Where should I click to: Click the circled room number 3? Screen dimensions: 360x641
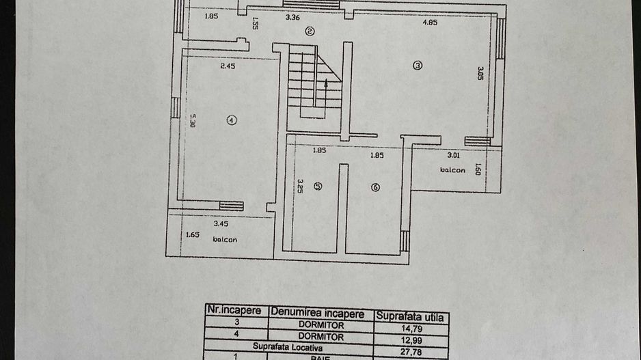click(418, 66)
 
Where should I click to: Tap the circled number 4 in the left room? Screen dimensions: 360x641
click(232, 120)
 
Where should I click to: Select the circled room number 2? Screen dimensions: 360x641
click(310, 30)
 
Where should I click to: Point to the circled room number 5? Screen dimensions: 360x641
click(318, 185)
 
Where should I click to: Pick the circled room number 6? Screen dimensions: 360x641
click(375, 188)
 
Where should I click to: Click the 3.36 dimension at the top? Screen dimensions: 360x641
click(293, 18)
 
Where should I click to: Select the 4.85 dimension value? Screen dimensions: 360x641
click(430, 22)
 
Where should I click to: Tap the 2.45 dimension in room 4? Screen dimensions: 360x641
click(228, 66)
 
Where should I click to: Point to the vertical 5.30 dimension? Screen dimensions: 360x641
click(193, 120)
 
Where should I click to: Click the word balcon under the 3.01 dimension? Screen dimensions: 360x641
click(452, 170)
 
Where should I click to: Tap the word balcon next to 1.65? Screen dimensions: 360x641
click(225, 240)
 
